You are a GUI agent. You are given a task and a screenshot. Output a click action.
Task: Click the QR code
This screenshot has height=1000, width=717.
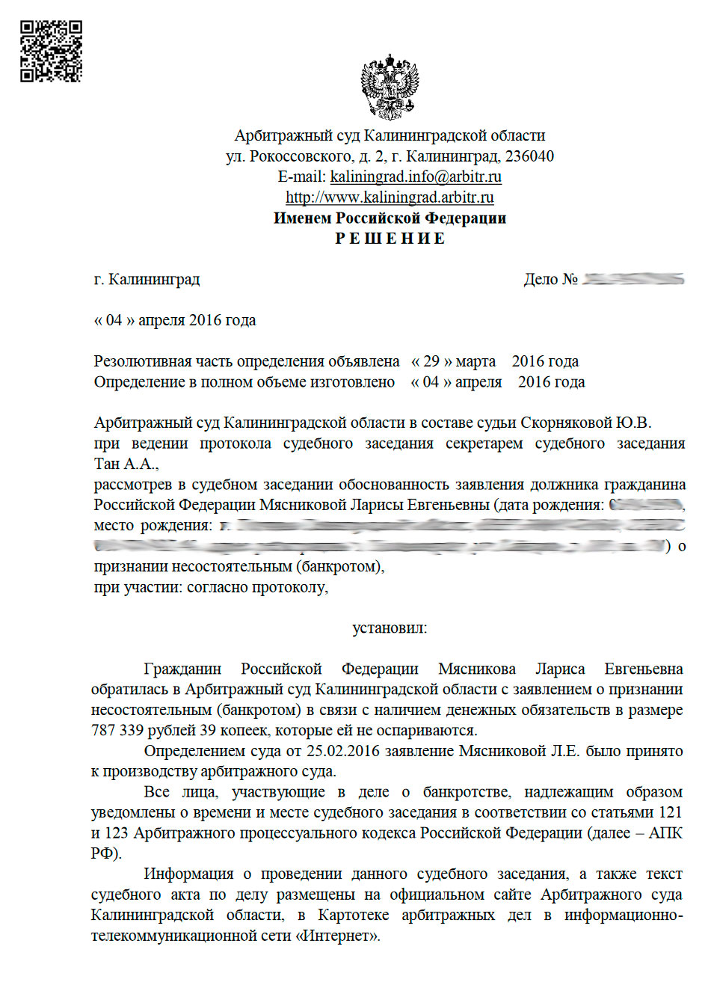[51, 51]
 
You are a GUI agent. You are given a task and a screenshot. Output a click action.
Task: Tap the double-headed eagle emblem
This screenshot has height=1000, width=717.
[390, 86]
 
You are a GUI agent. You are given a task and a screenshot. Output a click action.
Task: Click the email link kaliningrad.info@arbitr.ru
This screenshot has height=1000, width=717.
[416, 177]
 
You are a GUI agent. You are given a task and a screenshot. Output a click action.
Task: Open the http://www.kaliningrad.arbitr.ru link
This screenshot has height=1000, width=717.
[390, 197]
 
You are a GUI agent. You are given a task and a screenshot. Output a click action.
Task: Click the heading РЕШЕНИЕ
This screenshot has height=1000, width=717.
[390, 239]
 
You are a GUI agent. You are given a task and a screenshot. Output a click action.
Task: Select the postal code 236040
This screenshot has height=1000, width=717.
[529, 156]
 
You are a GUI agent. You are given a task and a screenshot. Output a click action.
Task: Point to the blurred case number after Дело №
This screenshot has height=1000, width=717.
[633, 279]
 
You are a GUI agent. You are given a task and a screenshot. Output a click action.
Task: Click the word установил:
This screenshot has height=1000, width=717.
[390, 628]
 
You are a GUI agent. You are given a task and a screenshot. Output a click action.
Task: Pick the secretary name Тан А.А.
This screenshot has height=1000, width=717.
[126, 464]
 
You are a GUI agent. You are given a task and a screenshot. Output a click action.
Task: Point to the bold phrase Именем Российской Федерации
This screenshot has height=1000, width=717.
[390, 218]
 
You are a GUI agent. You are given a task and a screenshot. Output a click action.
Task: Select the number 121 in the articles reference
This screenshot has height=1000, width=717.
[670, 812]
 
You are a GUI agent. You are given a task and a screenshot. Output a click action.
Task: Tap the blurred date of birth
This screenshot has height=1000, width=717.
[646, 505]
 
